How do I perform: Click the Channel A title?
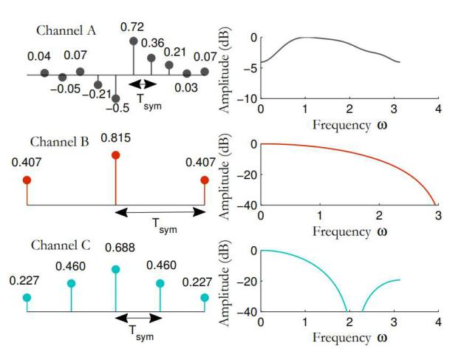click(66, 30)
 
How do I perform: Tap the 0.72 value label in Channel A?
click(132, 27)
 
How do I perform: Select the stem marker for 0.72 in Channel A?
click(134, 41)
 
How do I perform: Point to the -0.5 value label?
click(117, 108)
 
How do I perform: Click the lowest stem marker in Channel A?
click(116, 98)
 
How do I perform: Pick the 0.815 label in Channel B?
click(115, 138)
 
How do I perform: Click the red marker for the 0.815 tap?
click(116, 155)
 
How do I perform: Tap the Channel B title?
click(59, 142)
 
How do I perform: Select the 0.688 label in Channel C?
click(120, 248)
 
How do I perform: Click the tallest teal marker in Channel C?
click(116, 269)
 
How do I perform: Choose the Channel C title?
click(61, 245)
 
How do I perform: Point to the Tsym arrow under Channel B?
click(160, 212)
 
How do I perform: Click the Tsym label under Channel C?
click(141, 333)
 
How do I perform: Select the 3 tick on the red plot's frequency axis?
click(438, 216)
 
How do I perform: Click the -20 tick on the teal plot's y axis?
click(247, 281)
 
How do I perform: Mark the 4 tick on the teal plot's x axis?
click(438, 322)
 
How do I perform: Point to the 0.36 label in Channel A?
click(153, 43)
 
